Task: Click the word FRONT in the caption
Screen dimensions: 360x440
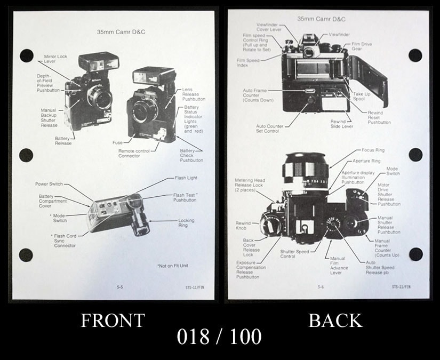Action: (113, 321)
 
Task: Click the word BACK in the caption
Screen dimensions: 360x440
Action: (335, 320)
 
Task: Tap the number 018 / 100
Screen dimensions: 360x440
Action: (220, 337)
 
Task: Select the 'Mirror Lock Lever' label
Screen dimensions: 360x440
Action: (55, 59)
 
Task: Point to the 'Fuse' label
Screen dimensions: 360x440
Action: (117, 142)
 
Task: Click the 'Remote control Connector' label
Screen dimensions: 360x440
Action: (134, 154)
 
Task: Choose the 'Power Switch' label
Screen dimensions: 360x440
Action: (49, 184)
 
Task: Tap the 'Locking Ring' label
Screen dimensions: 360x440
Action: (186, 223)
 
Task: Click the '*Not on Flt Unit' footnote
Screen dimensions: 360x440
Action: (173, 266)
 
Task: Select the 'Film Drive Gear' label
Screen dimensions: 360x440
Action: (361, 46)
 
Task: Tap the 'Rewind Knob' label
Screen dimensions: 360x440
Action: (243, 226)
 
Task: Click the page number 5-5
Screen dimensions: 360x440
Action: (120, 287)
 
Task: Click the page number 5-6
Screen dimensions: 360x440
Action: (321, 287)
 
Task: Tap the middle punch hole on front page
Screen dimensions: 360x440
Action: (26, 155)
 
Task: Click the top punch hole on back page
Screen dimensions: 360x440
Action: (415, 55)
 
